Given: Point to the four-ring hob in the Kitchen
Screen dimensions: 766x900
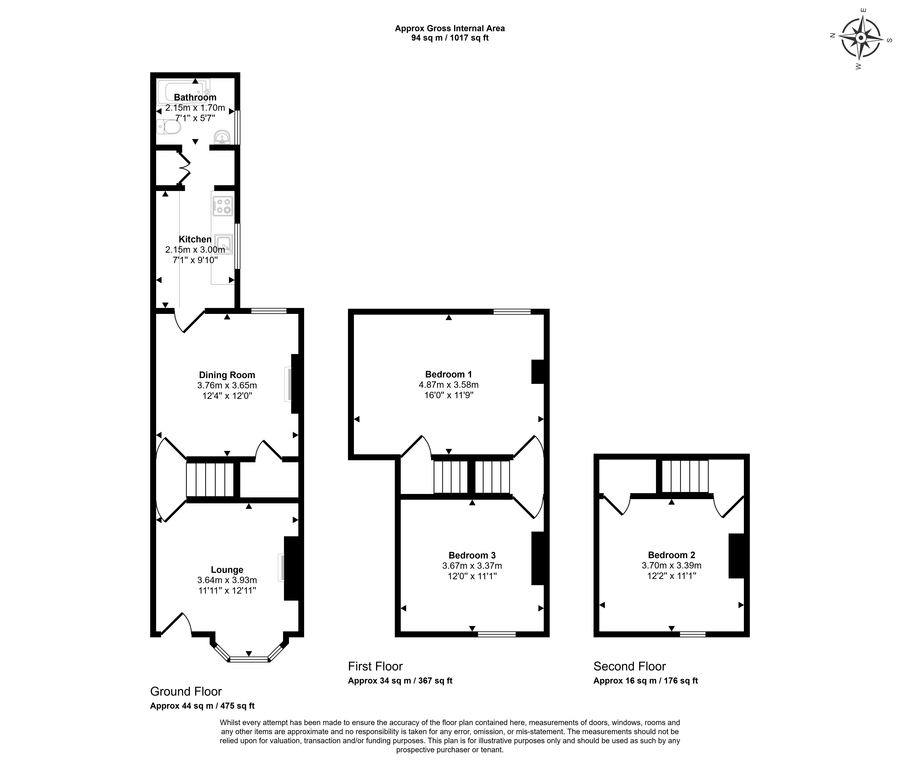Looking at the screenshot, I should [x=222, y=206].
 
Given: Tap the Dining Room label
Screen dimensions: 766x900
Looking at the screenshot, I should [x=227, y=375].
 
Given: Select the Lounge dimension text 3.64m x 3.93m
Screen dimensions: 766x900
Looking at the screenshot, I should [x=227, y=580].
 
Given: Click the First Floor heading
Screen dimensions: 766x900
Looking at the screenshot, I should [x=375, y=666].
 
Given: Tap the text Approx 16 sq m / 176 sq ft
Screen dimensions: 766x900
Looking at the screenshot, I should [x=645, y=680].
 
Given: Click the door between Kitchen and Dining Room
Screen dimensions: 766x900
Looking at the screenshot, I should [x=189, y=321].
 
